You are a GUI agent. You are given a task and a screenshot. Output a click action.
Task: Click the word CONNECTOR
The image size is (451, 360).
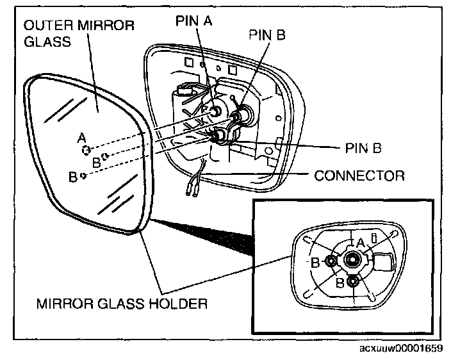pyautogui.click(x=359, y=175)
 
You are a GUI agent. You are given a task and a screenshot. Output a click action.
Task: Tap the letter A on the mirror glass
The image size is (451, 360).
pyautogui.click(x=80, y=137)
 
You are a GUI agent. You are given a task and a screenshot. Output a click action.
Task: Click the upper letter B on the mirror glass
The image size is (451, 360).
pyautogui.click(x=96, y=162)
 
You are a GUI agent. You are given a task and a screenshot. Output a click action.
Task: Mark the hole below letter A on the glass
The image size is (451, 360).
pyautogui.click(x=85, y=150)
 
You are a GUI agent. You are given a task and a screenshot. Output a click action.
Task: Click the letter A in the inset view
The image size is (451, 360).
pyautogui.click(x=361, y=242)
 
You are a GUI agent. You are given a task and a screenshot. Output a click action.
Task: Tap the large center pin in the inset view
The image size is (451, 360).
pyautogui.click(x=352, y=259)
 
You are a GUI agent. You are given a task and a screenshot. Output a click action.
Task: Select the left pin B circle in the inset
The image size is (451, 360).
pyautogui.click(x=331, y=260)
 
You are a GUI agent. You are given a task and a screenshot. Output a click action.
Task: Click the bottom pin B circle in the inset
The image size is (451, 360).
pyautogui.click(x=353, y=281)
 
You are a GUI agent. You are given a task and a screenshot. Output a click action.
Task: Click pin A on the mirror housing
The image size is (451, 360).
pyautogui.click(x=217, y=111)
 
